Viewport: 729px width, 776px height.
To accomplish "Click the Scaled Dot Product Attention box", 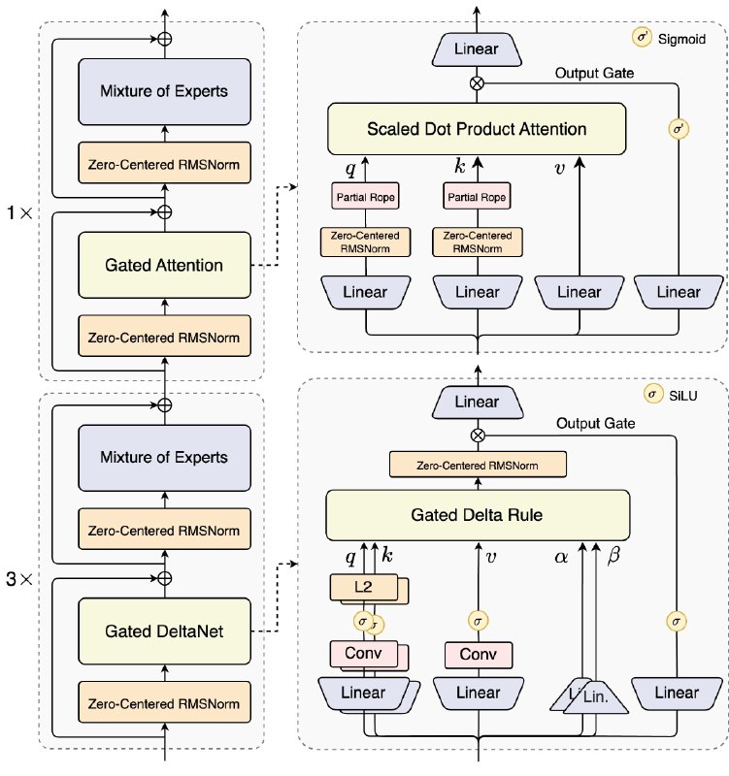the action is (x=477, y=129).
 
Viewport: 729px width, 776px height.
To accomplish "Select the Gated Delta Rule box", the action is (x=478, y=515).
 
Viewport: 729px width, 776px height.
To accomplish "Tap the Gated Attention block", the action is (x=164, y=265).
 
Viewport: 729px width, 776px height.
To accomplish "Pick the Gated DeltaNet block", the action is (x=164, y=631).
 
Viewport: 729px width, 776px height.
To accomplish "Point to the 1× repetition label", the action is (x=19, y=213).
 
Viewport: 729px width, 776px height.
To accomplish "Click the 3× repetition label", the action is (x=19, y=579).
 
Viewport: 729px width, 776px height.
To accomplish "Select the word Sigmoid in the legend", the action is (x=681, y=39).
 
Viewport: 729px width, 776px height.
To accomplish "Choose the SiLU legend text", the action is (x=683, y=396).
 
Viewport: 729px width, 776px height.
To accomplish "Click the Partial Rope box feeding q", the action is (x=366, y=197).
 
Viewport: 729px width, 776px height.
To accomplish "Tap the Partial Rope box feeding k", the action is (x=477, y=197).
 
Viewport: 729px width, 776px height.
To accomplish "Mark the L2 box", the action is (x=363, y=587).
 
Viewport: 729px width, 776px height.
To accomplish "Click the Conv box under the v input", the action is (x=479, y=654).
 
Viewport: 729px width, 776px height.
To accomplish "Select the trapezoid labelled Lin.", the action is (x=596, y=697).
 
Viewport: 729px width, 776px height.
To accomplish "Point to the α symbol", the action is (x=561, y=557).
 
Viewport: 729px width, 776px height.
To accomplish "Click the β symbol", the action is (x=613, y=556).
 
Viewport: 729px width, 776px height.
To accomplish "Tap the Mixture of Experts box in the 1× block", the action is (x=164, y=91).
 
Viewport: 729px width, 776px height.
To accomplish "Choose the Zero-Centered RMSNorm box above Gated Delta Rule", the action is (x=478, y=466).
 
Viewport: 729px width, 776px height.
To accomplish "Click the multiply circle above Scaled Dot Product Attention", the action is (x=477, y=83).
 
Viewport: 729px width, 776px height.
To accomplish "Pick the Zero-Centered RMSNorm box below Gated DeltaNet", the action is (x=164, y=703).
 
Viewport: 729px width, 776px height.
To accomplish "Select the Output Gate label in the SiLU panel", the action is (x=596, y=424).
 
